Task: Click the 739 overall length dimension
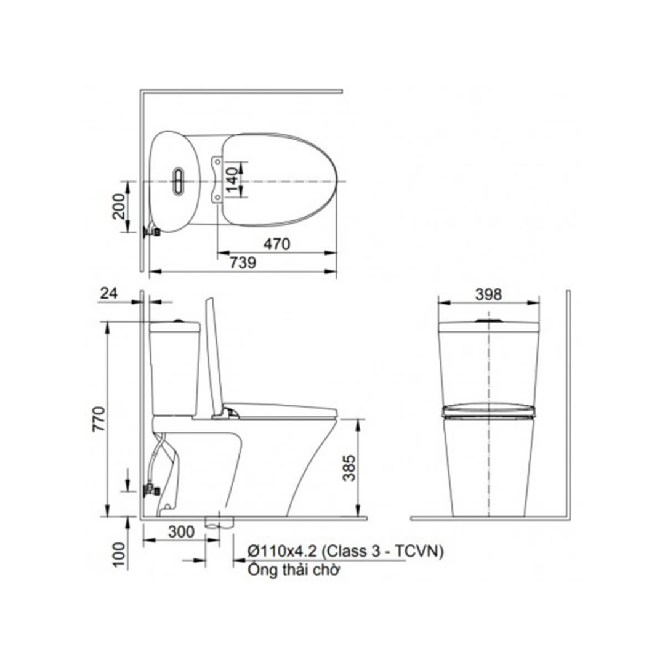click(x=243, y=262)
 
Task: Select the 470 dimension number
click(x=277, y=244)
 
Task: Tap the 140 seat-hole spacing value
click(x=232, y=179)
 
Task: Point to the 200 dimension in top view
click(x=119, y=206)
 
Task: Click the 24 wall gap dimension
click(x=109, y=293)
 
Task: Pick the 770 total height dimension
click(x=99, y=419)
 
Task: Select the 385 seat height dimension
click(x=349, y=468)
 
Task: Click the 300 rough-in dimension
click(x=181, y=531)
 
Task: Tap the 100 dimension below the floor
click(x=119, y=554)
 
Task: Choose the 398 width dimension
click(x=488, y=294)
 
